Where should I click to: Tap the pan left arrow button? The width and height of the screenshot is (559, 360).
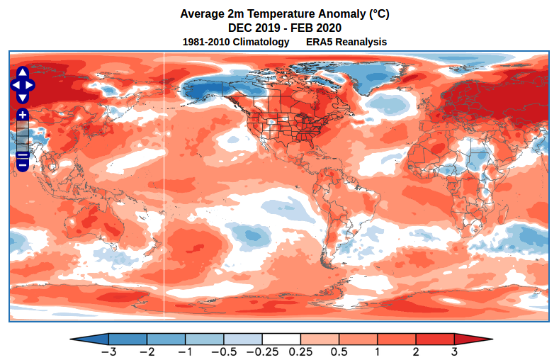coord(15,85)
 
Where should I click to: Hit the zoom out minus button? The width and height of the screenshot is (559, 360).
coord(22,164)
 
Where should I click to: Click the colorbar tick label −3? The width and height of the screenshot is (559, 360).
coord(108,351)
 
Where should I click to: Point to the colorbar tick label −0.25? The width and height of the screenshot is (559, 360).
coord(262,351)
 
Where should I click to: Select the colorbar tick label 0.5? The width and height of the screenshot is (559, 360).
coord(339,351)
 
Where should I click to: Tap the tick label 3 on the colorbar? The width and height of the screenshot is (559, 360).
coord(454,351)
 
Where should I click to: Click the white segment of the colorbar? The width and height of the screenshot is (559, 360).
coord(281,339)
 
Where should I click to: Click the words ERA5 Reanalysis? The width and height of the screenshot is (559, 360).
coord(346,42)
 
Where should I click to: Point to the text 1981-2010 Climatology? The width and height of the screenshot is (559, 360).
coord(236,42)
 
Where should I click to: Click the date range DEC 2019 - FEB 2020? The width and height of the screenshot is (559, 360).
coord(285,28)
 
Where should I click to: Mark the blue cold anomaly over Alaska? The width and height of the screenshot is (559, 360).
coord(205,89)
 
